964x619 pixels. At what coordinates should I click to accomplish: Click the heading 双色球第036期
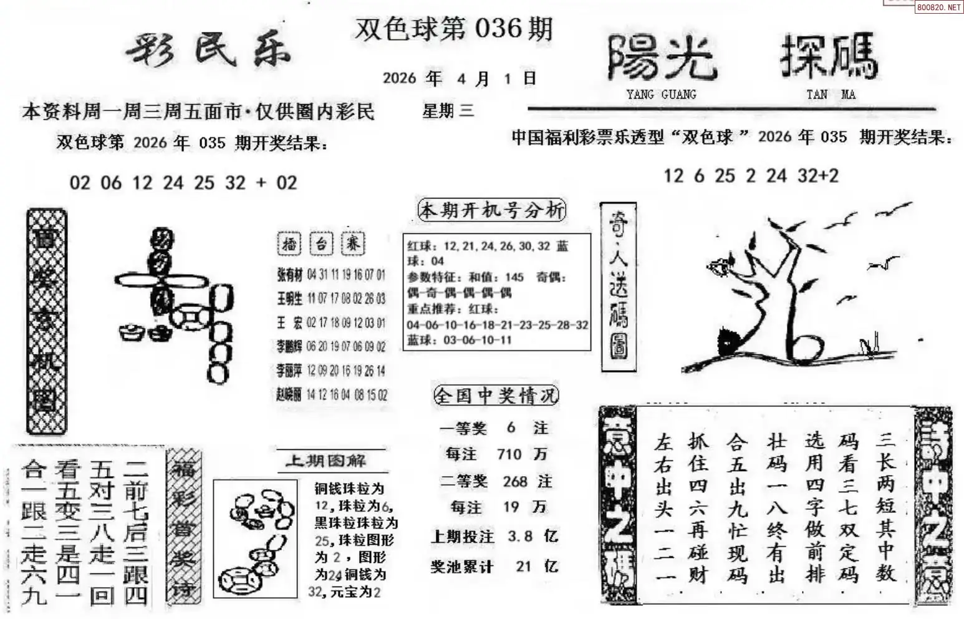coord(453,29)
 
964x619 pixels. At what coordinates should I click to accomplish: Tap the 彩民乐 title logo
coord(208,49)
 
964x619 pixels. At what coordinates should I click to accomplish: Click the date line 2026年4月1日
coord(459,78)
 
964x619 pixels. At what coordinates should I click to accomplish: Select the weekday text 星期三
coord(448,111)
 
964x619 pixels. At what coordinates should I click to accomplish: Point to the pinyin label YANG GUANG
coord(661,95)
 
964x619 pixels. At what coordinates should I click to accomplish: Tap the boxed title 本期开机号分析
coord(492,210)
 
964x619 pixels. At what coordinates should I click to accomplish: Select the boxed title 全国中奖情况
coord(495,396)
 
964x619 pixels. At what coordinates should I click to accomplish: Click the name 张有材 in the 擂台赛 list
coord(289,275)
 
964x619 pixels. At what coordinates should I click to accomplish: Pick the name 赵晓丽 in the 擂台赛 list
coord(289,394)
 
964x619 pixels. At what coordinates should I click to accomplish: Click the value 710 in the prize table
coord(509,454)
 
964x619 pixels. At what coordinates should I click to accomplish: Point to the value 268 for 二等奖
coord(515,481)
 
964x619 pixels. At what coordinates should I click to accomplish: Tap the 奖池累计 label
coord(461,567)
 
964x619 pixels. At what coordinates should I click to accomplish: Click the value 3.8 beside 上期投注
coord(521,537)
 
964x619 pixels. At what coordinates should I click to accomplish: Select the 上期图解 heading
coord(325,461)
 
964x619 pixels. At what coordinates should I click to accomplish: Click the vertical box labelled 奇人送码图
coord(618,287)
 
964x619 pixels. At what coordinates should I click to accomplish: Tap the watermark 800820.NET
coord(938,7)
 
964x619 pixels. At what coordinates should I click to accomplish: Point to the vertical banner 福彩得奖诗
coord(183,527)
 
